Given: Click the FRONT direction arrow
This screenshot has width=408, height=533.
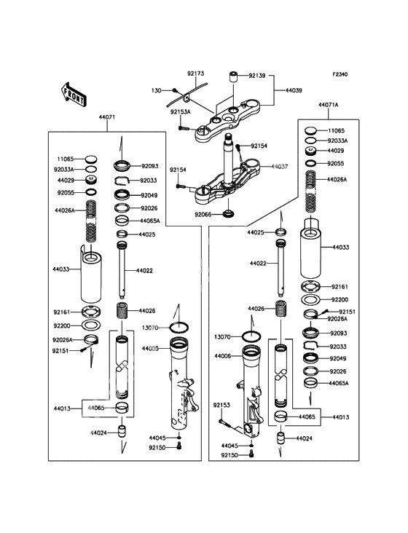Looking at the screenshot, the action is point(73,95).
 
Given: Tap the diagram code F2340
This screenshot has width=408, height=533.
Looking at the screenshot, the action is point(340,74).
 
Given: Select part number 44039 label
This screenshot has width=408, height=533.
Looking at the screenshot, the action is point(294,90).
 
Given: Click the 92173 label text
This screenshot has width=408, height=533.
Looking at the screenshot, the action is point(195,74).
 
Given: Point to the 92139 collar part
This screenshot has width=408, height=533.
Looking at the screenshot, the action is point(233,76).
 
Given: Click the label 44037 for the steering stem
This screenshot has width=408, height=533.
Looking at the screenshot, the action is point(279,167).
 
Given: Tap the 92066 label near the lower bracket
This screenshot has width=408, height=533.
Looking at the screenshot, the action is point(203,215).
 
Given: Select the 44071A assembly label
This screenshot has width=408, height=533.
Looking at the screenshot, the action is point(328,105).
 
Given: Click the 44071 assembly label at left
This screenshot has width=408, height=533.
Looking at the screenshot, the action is point(107,117).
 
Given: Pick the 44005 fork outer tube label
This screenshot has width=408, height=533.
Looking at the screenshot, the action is point(150,349).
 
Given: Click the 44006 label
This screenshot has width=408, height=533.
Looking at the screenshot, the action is point(223,356).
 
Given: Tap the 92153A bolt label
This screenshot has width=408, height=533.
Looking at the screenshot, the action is point(181,111).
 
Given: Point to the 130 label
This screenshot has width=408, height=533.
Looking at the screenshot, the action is point(156,91).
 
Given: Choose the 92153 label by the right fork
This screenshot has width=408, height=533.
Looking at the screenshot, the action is point(221,405).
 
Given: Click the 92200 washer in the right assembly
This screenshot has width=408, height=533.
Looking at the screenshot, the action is point(311,300).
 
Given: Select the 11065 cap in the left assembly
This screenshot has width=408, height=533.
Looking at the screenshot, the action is point(91,159).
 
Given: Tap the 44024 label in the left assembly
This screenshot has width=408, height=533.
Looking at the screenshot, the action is point(98,433).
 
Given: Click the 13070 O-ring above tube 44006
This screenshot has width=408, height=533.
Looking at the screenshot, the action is point(251,336).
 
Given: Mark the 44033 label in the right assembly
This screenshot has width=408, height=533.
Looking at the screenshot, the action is point(341,247).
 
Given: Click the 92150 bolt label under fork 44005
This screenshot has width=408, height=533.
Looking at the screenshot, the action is point(157,448).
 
